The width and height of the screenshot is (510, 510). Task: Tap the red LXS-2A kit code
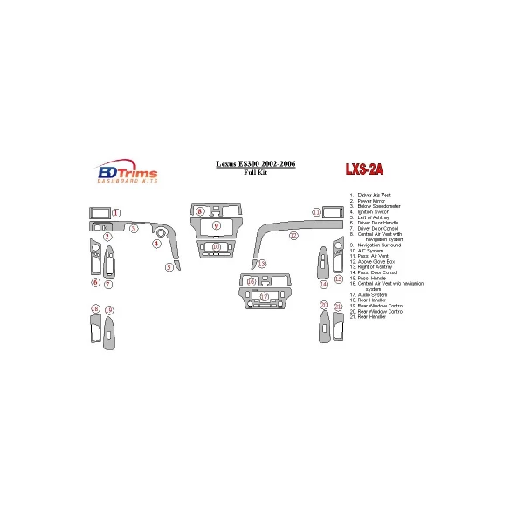coord(364,169)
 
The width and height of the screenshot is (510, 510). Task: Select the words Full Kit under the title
coord(256,173)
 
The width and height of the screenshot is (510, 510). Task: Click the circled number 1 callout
coord(116,213)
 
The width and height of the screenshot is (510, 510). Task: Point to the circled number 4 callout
coord(156,244)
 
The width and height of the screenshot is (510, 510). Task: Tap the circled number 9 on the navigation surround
coord(215,225)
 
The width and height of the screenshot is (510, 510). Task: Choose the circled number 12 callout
coord(294,236)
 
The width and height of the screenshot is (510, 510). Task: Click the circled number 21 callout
coord(337,306)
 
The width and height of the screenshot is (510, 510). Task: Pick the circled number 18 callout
coord(94,310)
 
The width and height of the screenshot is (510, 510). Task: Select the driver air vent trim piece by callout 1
coord(99,212)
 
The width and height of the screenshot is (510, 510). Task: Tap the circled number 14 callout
coord(323,284)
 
